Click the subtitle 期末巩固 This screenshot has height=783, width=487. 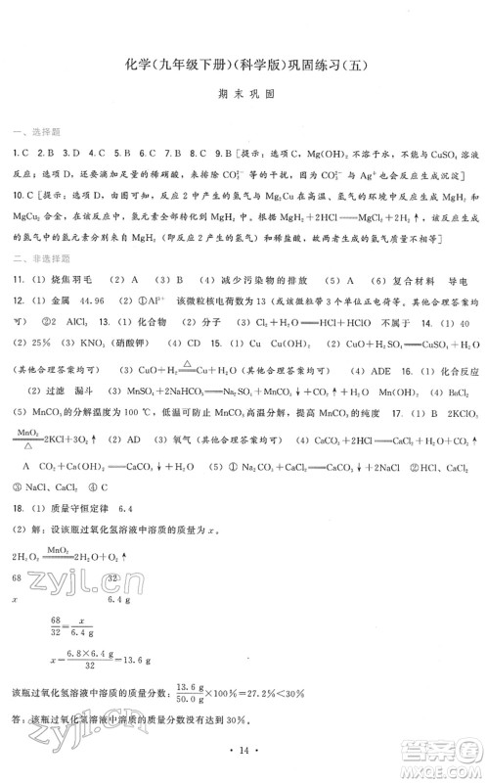pos(243,97)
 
